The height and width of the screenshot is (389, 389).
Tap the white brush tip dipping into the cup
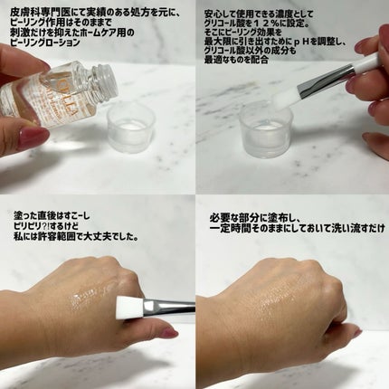point(282,100)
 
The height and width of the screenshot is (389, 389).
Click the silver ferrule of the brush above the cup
point(324,78)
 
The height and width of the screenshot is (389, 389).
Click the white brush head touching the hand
point(129,307)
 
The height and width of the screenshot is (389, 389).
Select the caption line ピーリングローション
point(45,42)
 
